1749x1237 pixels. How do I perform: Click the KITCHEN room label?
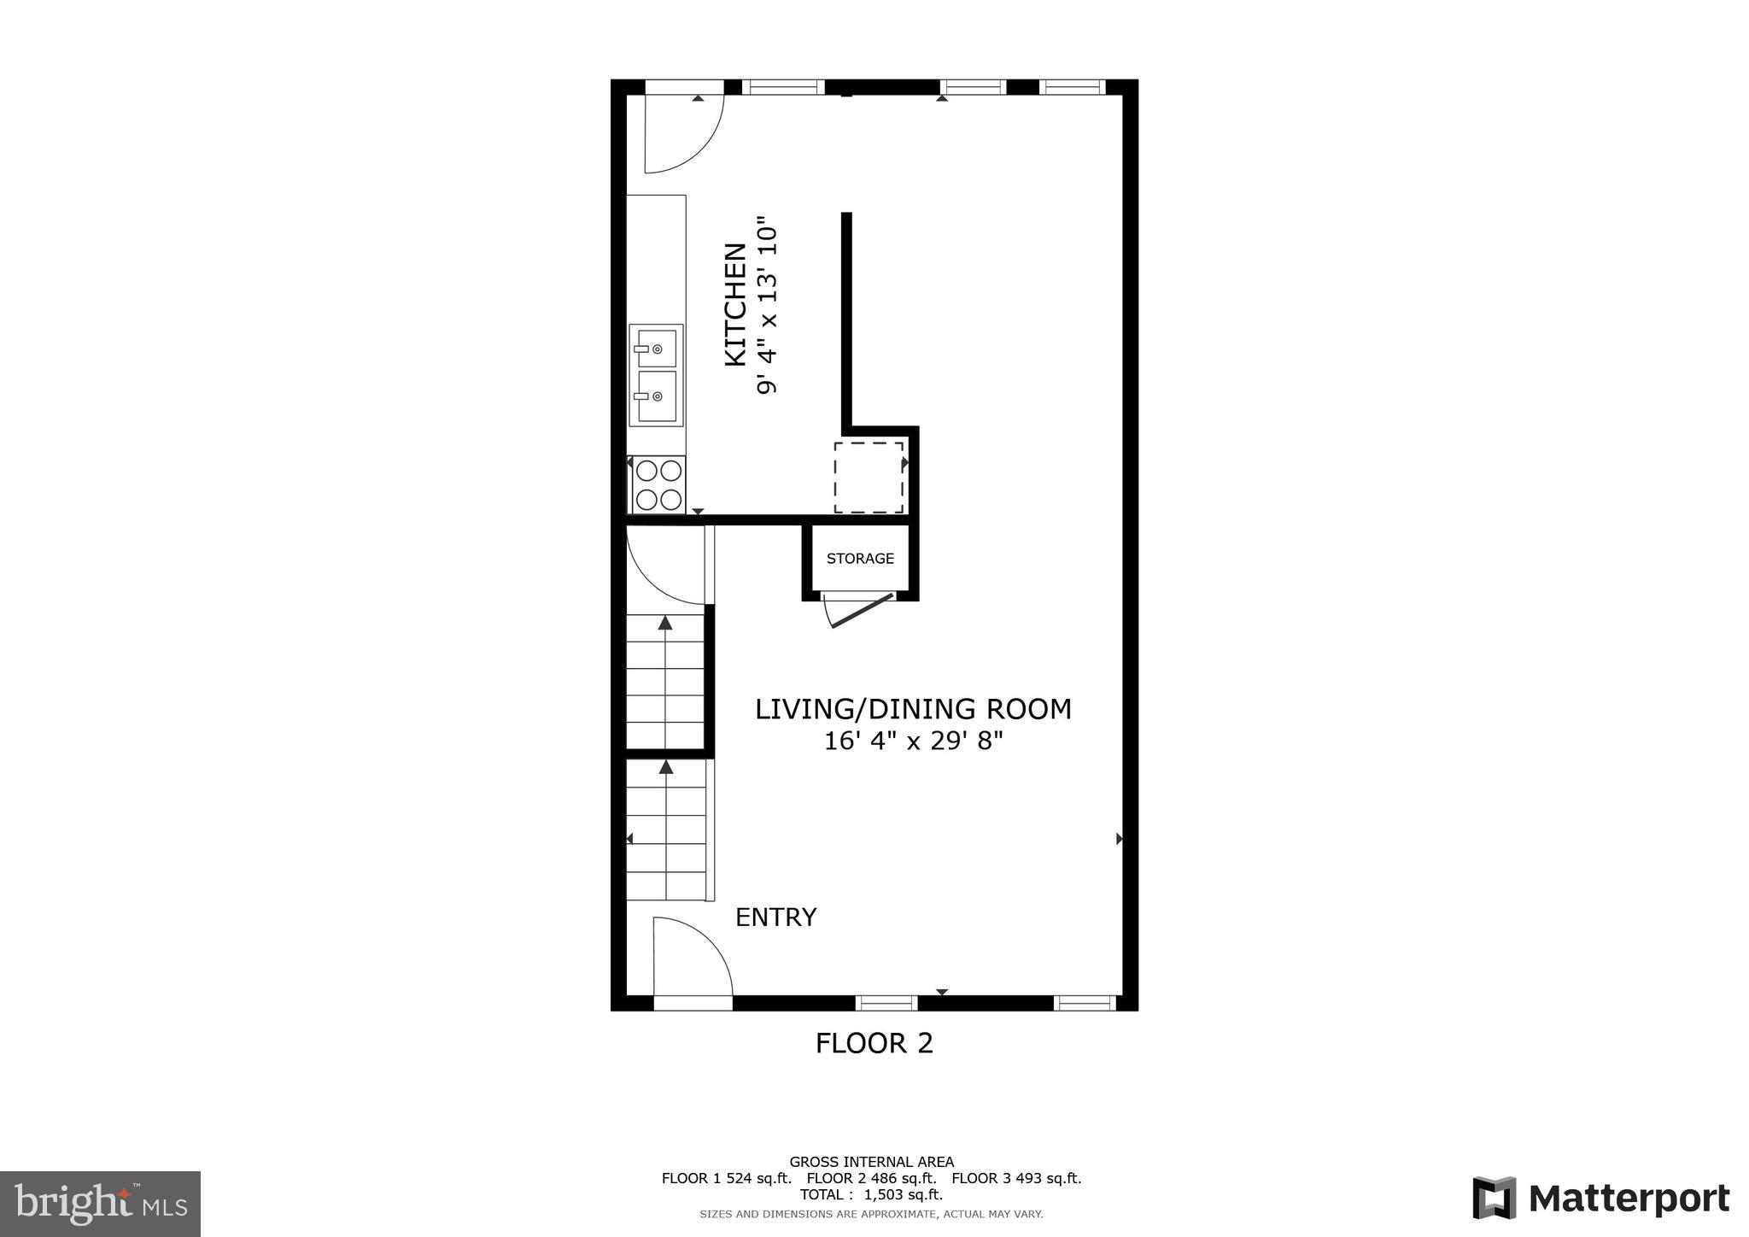pos(735,305)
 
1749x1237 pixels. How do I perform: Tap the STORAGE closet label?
pos(860,559)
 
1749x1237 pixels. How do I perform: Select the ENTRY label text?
pos(775,917)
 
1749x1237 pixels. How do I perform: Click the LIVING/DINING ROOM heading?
pos(912,709)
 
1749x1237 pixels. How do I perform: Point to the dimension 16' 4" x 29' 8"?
pos(912,741)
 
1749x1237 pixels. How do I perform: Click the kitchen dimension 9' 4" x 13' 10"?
pos(767,305)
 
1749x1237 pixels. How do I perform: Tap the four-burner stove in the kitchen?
pos(658,484)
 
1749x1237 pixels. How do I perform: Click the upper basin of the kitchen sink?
pos(656,348)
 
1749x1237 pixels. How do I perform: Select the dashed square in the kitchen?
pos(869,478)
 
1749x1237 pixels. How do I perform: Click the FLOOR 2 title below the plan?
pos(874,1043)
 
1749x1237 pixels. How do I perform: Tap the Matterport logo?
pos(1600,1198)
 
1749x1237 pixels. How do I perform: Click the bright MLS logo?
pos(100,1204)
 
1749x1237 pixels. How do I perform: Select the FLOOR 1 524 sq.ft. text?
pos(726,1178)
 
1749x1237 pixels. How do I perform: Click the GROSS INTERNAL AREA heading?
pos(871,1162)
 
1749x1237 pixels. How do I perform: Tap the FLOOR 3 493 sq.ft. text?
pos(1016,1178)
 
